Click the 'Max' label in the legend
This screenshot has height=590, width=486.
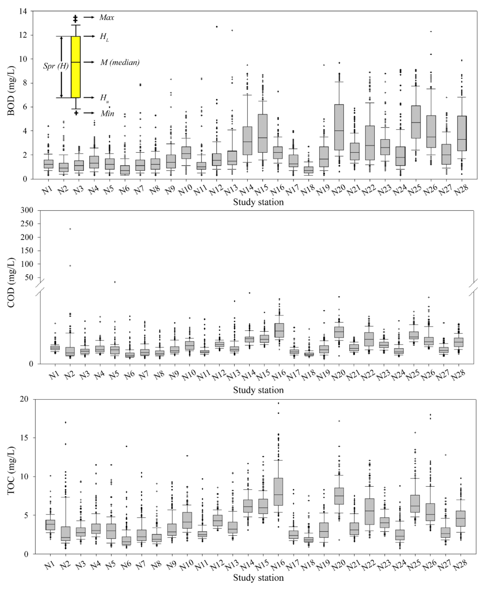pos(107,18)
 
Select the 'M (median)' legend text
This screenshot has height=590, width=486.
pos(120,62)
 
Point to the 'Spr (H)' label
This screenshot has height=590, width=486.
pos(56,66)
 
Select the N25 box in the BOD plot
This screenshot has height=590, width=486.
pos(416,122)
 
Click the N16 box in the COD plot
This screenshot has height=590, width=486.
pos(279,330)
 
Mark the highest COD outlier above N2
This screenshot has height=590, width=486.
pos(70,229)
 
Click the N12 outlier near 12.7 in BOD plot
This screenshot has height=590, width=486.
pos(217,27)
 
